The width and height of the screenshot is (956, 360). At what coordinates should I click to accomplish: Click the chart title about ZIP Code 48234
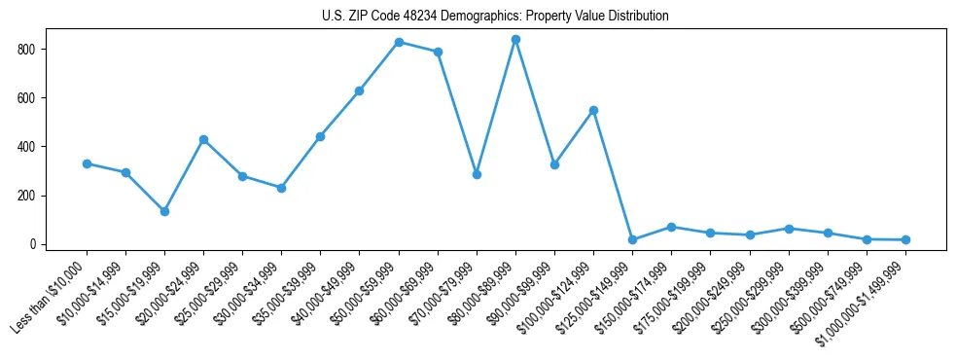(495, 16)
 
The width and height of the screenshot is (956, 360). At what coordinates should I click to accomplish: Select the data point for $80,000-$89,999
(515, 39)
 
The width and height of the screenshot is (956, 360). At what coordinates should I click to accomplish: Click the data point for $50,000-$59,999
(399, 42)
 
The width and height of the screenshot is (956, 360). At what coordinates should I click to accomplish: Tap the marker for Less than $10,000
(87, 163)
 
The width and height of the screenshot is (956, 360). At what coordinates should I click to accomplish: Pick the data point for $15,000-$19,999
(164, 211)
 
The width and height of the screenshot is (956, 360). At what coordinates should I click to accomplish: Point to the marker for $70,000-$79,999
(477, 174)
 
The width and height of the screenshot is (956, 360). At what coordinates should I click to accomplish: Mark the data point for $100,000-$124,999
(593, 110)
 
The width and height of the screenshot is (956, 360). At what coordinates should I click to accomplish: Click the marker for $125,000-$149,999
(632, 239)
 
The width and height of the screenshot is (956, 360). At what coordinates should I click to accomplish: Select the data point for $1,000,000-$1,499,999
(905, 239)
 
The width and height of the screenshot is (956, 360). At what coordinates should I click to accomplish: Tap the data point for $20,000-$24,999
(203, 139)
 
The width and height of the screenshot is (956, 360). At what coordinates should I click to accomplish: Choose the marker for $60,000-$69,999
(438, 52)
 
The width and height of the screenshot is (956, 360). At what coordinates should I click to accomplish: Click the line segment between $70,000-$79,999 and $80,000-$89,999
(496, 107)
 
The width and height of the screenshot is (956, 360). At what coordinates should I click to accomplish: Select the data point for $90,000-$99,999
(554, 164)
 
